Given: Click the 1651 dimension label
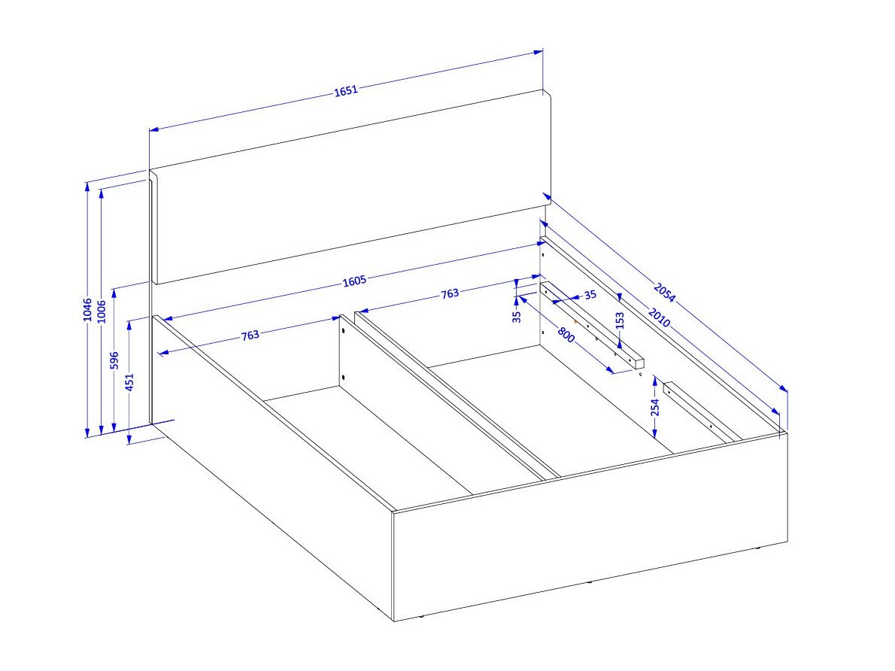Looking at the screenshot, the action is pyautogui.click(x=346, y=90).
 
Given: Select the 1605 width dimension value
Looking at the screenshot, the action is pyautogui.click(x=354, y=281).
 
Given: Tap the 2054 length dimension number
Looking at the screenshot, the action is pyautogui.click(x=664, y=293).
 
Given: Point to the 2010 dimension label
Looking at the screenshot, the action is pyautogui.click(x=660, y=317).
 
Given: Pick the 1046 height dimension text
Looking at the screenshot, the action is pyautogui.click(x=87, y=309).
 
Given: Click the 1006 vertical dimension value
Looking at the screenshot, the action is pyautogui.click(x=102, y=311).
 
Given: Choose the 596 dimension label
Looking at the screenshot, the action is pyautogui.click(x=114, y=360).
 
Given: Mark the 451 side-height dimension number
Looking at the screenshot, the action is pyautogui.click(x=129, y=382).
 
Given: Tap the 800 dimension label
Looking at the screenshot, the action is pyautogui.click(x=566, y=334).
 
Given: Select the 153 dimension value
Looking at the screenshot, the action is pyautogui.click(x=620, y=320).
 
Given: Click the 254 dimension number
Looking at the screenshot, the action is pyautogui.click(x=655, y=407).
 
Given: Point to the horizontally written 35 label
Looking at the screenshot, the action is pyautogui.click(x=590, y=295).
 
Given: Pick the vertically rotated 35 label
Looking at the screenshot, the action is pyautogui.click(x=517, y=317).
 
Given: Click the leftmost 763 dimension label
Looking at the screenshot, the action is pyautogui.click(x=250, y=335).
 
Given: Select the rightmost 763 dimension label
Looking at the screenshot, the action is pyautogui.click(x=450, y=293).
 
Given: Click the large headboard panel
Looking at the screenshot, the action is pyautogui.click(x=350, y=187).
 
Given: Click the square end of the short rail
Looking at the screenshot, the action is pyautogui.click(x=639, y=364).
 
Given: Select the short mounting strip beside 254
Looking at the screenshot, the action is pyautogui.click(x=702, y=412).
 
